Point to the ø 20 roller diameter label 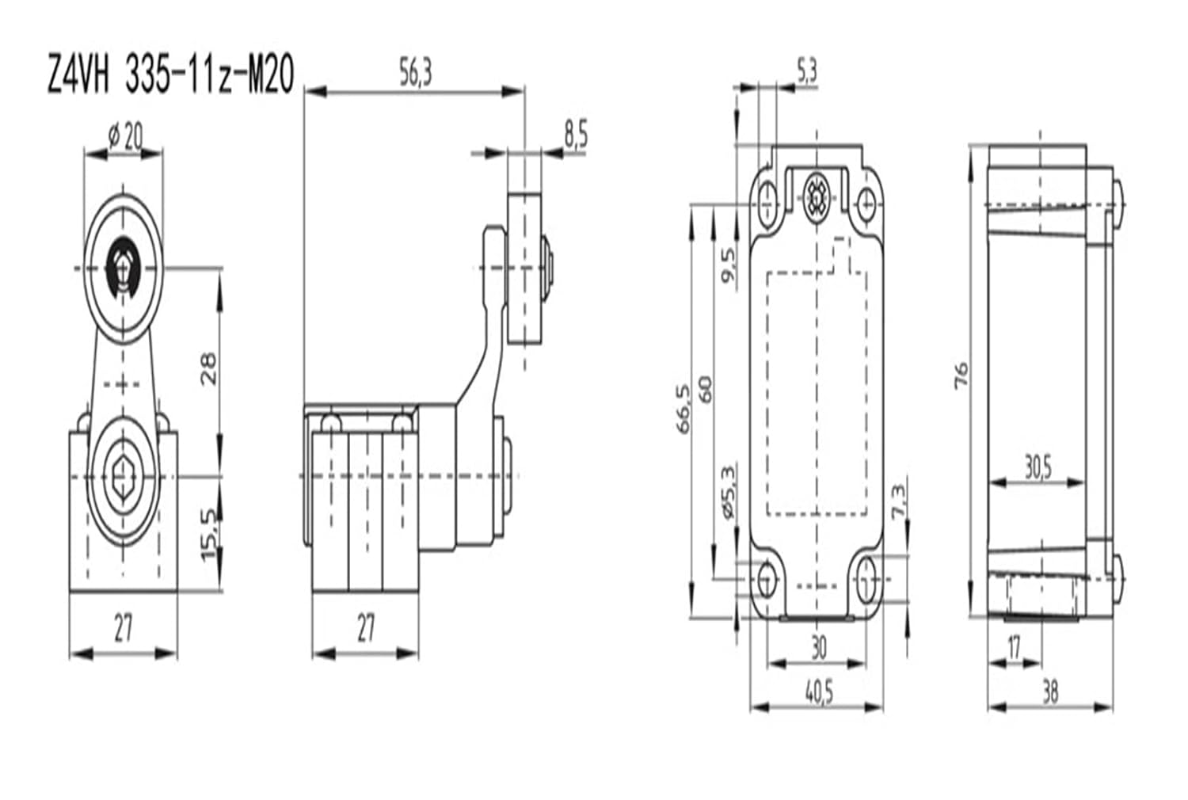pos(125,138)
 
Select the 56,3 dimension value pos(415,74)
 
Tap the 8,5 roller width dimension pos(576,135)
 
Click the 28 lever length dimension pos(208,368)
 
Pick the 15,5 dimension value pos(208,535)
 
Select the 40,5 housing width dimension pos(819,692)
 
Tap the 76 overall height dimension pos(961,375)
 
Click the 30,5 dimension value pos(1037,468)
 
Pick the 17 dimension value pos(1014,647)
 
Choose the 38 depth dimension pos(1050,692)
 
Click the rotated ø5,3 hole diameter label pos(729,491)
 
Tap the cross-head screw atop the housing pos(816,195)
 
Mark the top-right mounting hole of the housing pos(867,203)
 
